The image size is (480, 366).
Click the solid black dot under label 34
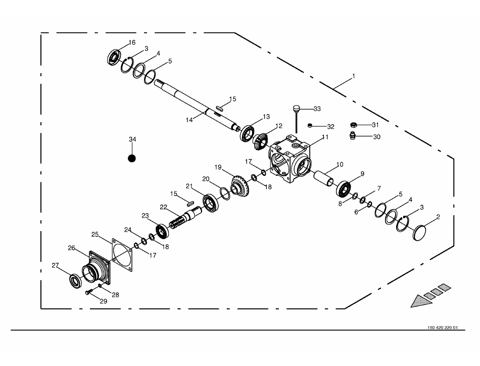[x=132, y=158]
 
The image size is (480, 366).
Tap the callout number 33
[x=317, y=109]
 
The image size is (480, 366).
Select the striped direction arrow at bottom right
[x=430, y=295]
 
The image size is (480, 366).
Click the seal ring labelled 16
[x=115, y=56]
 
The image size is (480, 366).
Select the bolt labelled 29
[x=89, y=291]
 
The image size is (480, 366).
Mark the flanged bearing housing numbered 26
[x=97, y=269]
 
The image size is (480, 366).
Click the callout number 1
[x=354, y=76]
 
